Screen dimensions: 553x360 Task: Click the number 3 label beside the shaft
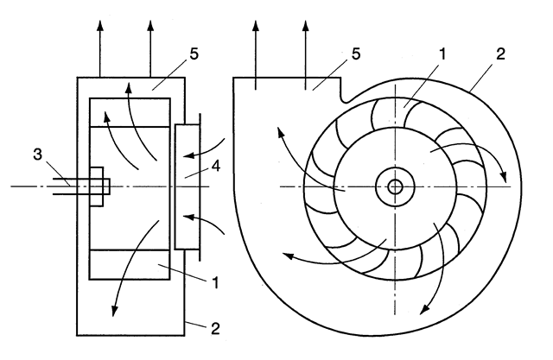tap(37, 155)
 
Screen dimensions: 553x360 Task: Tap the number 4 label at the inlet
tap(216, 166)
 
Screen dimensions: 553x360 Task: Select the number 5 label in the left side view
tap(194, 54)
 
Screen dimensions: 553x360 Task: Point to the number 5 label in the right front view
tap(356, 54)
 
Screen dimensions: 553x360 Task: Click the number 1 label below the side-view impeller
tap(215, 282)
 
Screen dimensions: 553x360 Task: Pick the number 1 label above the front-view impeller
tap(442, 54)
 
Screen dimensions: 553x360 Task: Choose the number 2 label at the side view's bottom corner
tap(215, 328)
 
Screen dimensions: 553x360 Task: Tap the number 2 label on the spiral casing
tap(500, 54)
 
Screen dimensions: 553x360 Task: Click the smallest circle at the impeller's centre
tap(395, 186)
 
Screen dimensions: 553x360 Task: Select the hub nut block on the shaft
tap(97, 186)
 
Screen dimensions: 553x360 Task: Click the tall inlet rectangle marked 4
tap(188, 186)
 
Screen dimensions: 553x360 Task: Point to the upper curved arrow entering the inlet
tap(204, 150)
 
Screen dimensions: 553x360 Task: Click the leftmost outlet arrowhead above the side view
tap(100, 27)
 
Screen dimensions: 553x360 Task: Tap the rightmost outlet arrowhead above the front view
tap(306, 27)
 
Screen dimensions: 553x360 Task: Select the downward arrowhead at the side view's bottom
tap(114, 310)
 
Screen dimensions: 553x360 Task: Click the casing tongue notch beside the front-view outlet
tap(346, 99)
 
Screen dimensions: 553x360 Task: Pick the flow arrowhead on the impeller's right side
tap(504, 176)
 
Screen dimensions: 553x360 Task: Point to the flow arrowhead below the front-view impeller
tap(424, 308)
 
